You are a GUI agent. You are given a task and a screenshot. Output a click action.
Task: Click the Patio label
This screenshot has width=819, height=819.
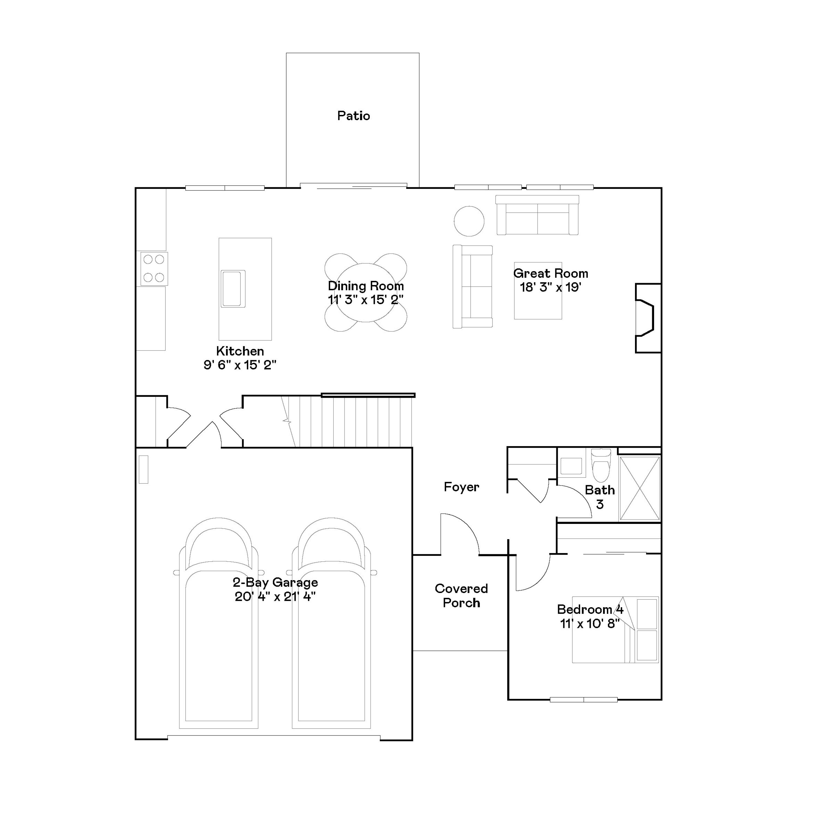(x=354, y=116)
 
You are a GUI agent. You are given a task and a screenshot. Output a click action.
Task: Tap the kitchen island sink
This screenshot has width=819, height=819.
(x=233, y=289)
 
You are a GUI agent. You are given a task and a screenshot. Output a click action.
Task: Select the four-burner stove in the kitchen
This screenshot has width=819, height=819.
(x=154, y=268)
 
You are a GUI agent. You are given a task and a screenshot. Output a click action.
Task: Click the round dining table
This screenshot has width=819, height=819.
(x=366, y=292)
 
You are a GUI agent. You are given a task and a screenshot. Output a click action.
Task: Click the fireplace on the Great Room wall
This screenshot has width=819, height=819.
(x=646, y=318)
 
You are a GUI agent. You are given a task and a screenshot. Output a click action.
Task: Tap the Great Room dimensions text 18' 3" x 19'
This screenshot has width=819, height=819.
(x=550, y=287)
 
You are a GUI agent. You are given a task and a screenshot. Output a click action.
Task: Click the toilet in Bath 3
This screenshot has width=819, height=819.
(x=601, y=465)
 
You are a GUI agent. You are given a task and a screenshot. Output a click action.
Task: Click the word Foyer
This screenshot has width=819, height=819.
(x=461, y=487)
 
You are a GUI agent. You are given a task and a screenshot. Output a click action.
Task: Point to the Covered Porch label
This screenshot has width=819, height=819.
(x=461, y=596)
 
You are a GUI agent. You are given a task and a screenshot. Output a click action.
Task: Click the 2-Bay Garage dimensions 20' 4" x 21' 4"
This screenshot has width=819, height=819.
(x=275, y=597)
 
